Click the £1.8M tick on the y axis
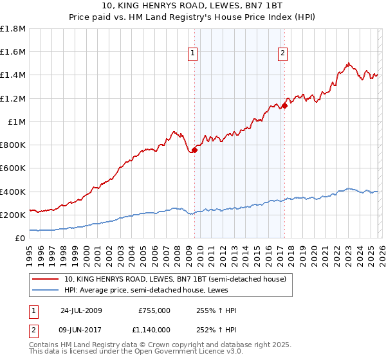(x=13, y=29)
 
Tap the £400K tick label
(x=13, y=192)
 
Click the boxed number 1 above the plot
(x=194, y=53)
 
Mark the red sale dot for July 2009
(x=194, y=150)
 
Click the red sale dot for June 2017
(x=284, y=105)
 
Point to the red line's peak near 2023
(x=348, y=63)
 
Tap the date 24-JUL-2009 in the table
(x=82, y=310)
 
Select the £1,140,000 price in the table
(x=154, y=329)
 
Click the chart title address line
(x=193, y=6)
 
